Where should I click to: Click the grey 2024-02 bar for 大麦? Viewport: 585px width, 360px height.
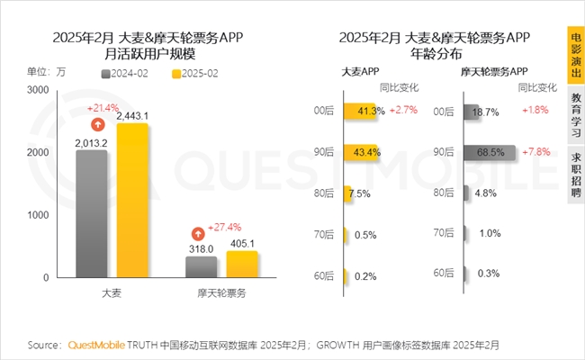[91, 214]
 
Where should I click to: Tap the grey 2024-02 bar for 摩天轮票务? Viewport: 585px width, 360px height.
[201, 267]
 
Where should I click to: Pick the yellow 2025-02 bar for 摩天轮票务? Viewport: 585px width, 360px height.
[241, 265]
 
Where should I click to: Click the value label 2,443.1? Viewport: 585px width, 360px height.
[132, 115]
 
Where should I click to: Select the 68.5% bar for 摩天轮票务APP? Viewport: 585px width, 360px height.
[490, 152]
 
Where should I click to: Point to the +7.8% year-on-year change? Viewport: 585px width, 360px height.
[538, 151]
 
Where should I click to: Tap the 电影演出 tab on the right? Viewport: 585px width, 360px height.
[574, 55]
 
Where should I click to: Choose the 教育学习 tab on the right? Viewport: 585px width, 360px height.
[574, 114]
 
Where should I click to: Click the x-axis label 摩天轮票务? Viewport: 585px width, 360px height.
[221, 294]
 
